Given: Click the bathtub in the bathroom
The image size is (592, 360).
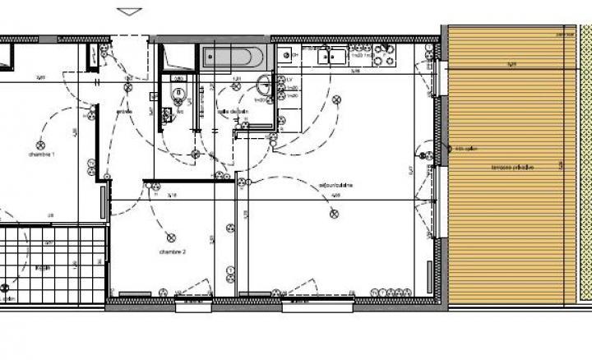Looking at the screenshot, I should click(234, 58).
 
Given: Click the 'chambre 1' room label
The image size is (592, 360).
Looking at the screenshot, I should click(42, 154).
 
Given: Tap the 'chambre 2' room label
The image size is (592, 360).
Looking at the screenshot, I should click(172, 252).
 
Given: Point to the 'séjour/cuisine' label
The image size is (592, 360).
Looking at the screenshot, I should click(335, 186).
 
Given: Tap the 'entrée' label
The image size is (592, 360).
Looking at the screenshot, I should click(125, 112).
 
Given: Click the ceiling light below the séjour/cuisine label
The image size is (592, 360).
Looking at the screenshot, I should click(334, 214).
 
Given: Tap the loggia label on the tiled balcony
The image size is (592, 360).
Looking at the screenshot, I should click(43, 268).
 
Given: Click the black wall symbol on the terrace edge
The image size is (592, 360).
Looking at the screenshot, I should click(448, 148).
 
